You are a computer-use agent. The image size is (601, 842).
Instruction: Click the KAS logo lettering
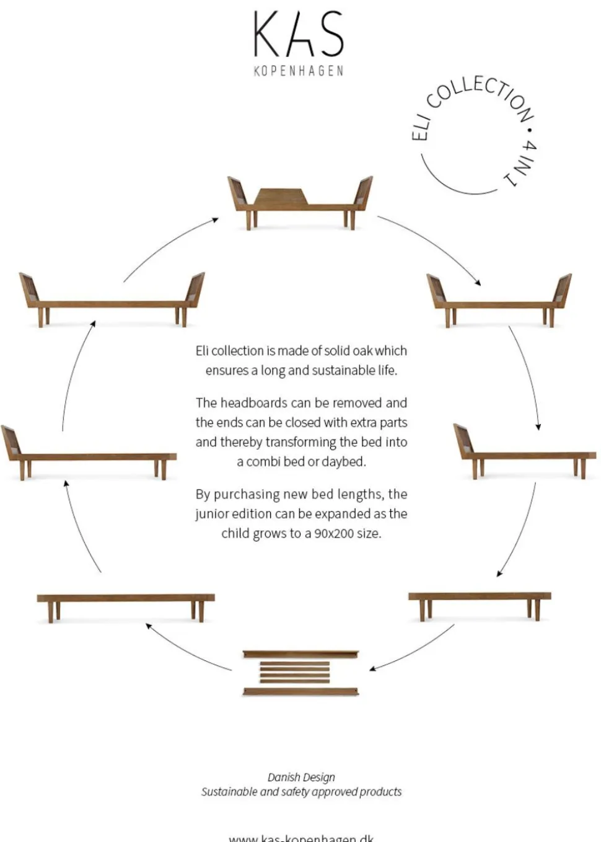[x=298, y=35]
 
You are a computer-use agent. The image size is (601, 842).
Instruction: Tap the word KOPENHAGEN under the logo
[x=298, y=71]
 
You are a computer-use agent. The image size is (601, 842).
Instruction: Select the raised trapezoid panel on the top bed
[x=281, y=197]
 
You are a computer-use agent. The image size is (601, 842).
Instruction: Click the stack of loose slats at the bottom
[x=300, y=673]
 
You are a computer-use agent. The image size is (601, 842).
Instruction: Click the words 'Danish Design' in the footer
[x=301, y=778]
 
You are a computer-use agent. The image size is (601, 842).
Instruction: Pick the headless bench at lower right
[x=480, y=601]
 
